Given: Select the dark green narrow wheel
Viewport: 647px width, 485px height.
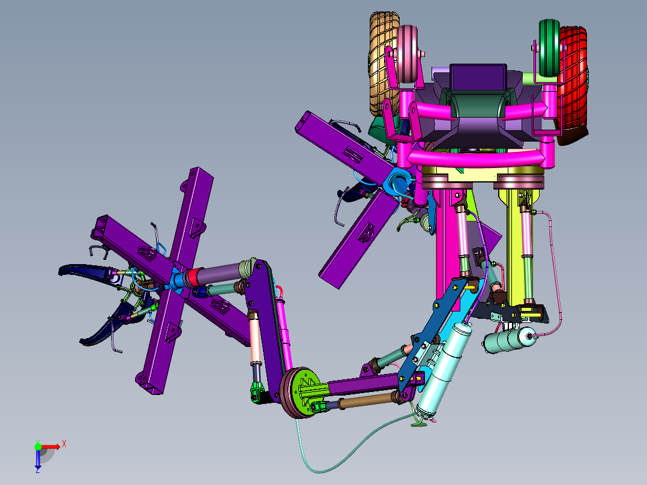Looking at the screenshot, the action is point(549,48).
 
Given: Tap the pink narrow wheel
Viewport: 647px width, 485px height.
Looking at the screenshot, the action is point(408,53).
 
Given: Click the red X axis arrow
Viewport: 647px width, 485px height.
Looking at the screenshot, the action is point(51,446).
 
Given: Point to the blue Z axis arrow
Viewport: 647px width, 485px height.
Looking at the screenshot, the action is point(38,459).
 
